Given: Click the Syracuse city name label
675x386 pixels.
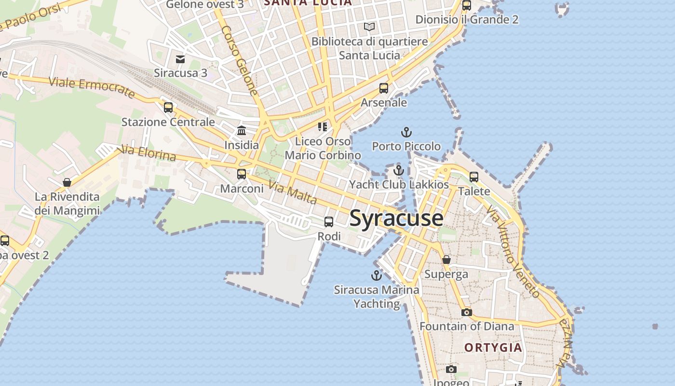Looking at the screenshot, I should pyautogui.click(x=396, y=218).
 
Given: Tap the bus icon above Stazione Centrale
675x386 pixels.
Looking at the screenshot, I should pyautogui.click(x=168, y=108).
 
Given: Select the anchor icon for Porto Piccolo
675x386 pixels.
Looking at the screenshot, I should pyautogui.click(x=406, y=132).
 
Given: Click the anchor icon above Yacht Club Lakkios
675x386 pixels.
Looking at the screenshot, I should pyautogui.click(x=398, y=170).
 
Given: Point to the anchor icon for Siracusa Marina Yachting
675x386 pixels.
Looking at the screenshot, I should pyautogui.click(x=376, y=276).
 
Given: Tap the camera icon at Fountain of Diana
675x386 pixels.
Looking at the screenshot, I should pyautogui.click(x=466, y=312).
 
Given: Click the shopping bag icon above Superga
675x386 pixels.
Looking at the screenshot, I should pyautogui.click(x=446, y=260).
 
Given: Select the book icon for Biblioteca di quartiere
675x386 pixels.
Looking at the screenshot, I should pyautogui.click(x=369, y=27).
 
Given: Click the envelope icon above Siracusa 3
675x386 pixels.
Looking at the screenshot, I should pyautogui.click(x=180, y=59).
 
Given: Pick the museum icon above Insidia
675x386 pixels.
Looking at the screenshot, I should pyautogui.click(x=242, y=130).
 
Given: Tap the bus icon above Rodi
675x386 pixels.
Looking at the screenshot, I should pyautogui.click(x=329, y=222).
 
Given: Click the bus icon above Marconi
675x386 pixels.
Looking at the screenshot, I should pyautogui.click(x=242, y=174).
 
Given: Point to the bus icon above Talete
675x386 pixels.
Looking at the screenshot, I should pyautogui.click(x=474, y=177).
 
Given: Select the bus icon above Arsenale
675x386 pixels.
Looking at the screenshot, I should pyautogui.click(x=384, y=88).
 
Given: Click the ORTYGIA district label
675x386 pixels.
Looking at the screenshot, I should pyautogui.click(x=493, y=347).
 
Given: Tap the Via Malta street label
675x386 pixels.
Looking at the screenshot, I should pyautogui.click(x=293, y=192).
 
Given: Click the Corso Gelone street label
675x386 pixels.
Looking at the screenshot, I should pyautogui.click(x=240, y=60).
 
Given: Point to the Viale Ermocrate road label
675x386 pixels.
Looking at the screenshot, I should pyautogui.click(x=92, y=87).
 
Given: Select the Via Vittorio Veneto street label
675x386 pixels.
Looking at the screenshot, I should pyautogui.click(x=513, y=251).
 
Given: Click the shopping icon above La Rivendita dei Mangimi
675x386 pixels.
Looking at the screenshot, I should pyautogui.click(x=67, y=182).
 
